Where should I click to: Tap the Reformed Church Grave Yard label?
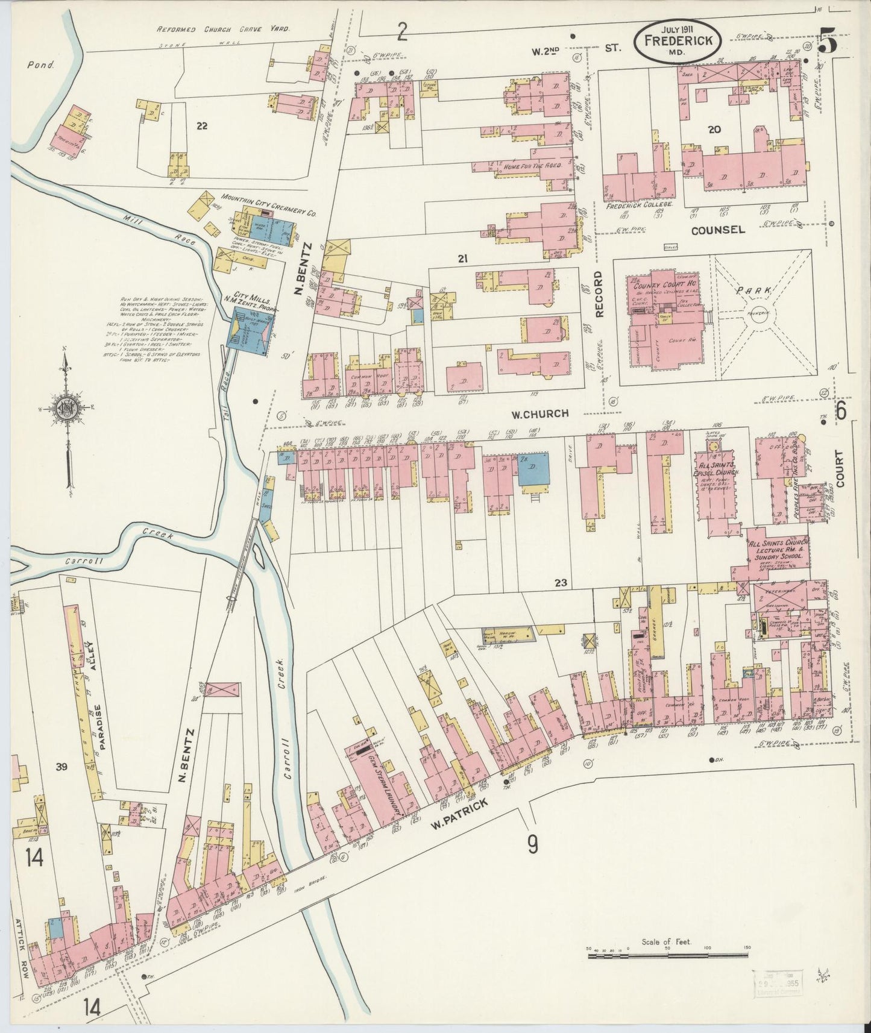point(223,29)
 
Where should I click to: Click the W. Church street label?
point(540,413)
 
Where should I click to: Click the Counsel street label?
point(717,230)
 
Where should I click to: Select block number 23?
point(561,583)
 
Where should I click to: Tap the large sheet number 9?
point(532,846)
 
